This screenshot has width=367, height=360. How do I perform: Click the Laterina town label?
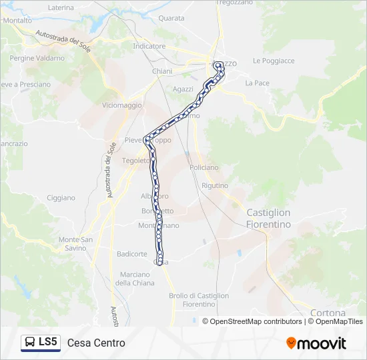[x=61, y=7]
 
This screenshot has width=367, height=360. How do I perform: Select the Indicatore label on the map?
[x=149, y=47]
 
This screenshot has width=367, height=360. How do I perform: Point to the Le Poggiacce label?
[x=274, y=61]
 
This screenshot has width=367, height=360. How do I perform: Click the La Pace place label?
[x=257, y=83]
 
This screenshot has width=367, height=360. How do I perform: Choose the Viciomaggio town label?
[x=122, y=105]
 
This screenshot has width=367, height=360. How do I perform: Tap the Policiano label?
[x=204, y=168]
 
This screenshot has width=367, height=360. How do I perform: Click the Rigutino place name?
[x=214, y=185]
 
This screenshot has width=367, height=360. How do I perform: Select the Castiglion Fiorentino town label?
[x=269, y=219]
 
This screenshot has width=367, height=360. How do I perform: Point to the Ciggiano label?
[x=61, y=198]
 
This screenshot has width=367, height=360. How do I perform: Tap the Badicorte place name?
[x=131, y=254]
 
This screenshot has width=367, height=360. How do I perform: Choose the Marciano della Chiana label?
[x=135, y=279]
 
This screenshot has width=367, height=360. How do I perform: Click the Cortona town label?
[x=328, y=313]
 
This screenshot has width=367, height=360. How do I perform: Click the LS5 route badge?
[x=41, y=343]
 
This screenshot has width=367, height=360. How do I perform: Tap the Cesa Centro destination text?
[x=96, y=343]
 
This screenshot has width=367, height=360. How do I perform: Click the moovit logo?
[x=316, y=343]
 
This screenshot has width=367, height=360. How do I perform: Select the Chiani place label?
[x=162, y=71]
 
